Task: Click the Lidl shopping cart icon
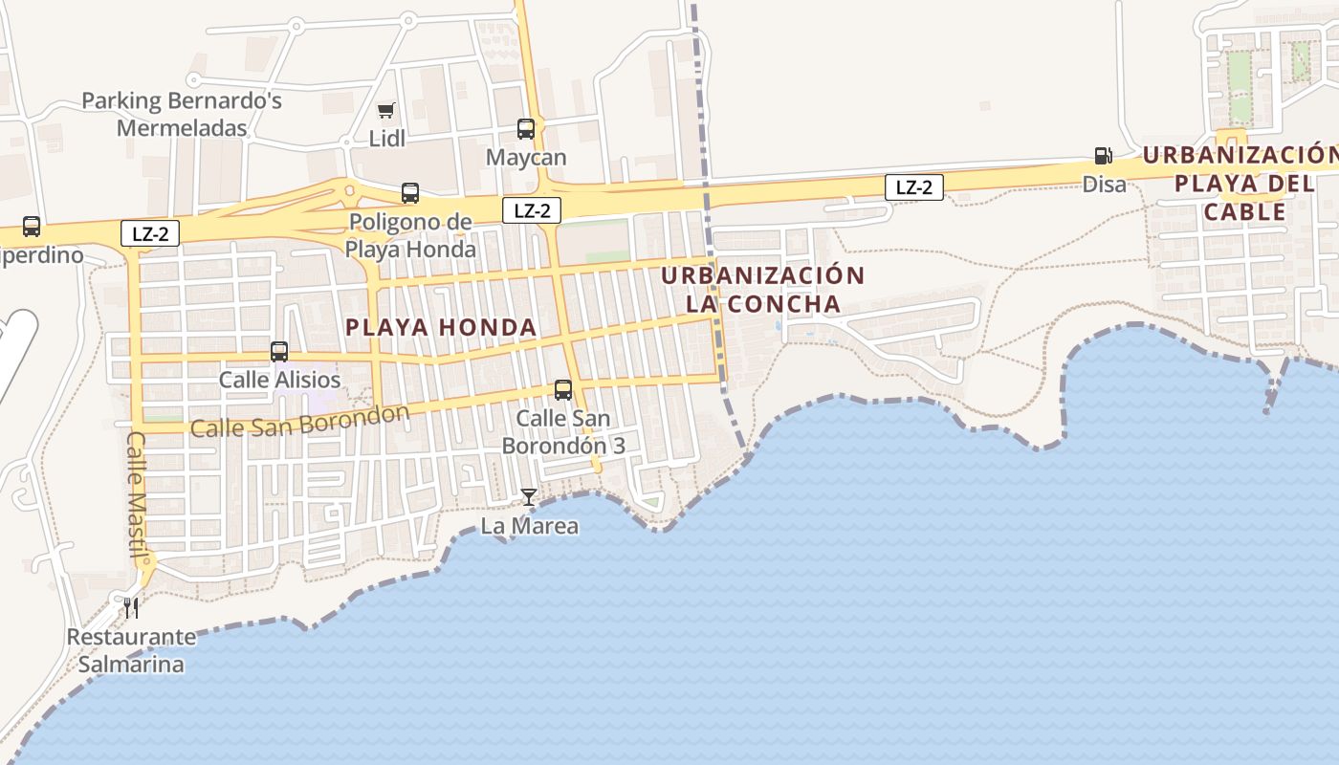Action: coord(386,111)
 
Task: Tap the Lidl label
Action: coord(387,139)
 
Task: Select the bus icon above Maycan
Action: coord(526,129)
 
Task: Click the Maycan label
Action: coord(526,157)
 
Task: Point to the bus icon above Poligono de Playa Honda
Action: coord(410,193)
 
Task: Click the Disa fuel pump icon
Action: coord(1103,156)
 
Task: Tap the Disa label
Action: coord(1105,184)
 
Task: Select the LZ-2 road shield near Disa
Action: coord(914,187)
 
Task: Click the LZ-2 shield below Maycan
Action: coord(532,210)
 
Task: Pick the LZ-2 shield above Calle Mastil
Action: coord(150,232)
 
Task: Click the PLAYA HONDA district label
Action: coord(441,327)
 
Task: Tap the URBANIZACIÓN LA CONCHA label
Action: coord(763,290)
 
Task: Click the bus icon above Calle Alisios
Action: coord(279,352)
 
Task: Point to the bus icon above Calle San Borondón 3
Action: coord(563,390)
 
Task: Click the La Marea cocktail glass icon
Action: coord(528,497)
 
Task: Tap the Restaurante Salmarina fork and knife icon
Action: coord(131,607)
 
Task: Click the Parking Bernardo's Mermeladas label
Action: coord(182,114)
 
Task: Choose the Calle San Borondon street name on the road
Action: coord(300,421)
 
